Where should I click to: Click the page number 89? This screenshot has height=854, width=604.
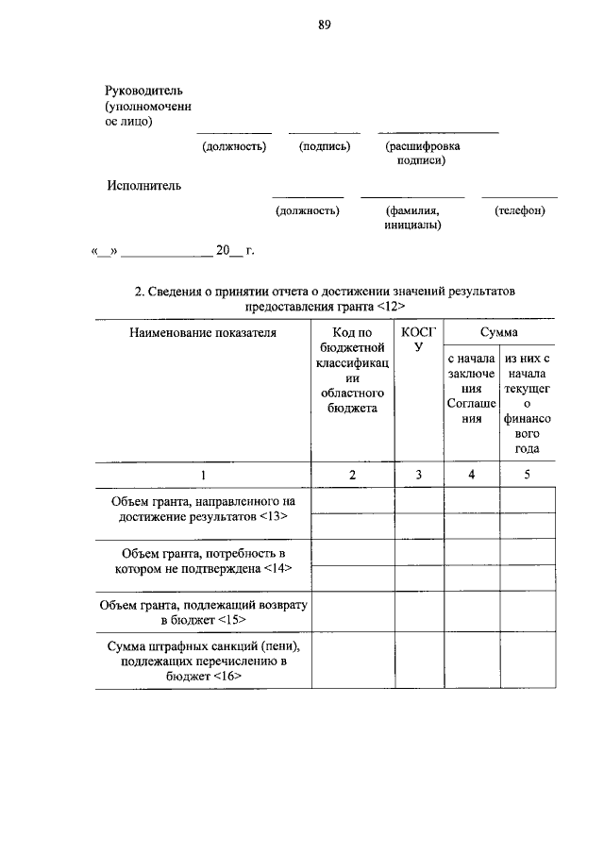324,25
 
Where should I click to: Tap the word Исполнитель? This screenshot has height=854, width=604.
143,186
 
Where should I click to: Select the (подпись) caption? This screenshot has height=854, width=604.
324,146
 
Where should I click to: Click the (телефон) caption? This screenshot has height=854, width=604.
519,210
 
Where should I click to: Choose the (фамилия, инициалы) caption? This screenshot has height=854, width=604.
413,218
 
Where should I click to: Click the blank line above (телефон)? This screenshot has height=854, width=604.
519,196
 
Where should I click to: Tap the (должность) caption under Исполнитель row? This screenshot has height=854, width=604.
307,210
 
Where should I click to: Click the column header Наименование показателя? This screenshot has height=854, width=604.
203,332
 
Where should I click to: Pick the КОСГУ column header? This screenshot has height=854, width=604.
418,340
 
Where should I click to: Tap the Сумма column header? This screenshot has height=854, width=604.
498,332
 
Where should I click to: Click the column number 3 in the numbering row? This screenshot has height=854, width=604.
418,474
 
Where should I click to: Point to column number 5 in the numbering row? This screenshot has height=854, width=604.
527,474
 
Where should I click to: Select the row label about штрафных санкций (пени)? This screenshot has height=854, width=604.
203,661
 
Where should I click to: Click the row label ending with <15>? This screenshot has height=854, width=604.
203,611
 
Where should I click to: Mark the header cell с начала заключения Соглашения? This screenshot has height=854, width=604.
471,389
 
